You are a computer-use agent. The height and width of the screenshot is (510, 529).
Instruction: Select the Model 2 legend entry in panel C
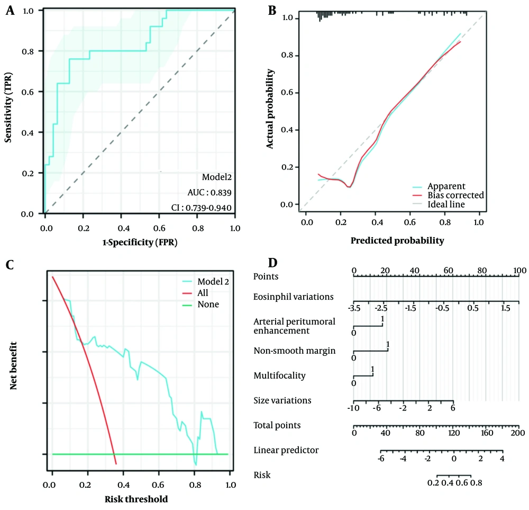(213, 281)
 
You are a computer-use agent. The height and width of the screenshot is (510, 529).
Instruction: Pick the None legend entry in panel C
(207, 305)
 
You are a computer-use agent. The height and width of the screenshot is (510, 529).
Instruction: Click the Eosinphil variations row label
(294, 297)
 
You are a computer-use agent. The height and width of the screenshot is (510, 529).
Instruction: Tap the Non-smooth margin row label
(294, 351)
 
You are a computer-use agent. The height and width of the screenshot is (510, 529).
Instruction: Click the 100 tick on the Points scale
(519, 271)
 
